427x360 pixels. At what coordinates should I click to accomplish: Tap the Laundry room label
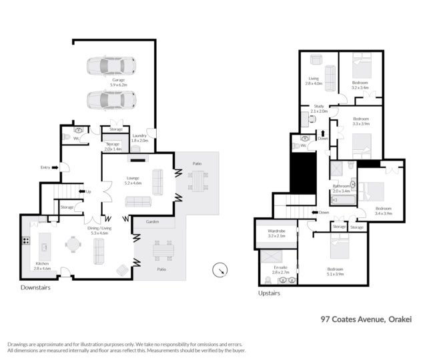[x=139, y=138]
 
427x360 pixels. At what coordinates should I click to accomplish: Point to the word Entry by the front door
[x=45, y=167]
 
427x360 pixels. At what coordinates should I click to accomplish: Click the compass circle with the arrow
[x=220, y=270]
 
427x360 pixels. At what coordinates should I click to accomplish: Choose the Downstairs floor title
[x=35, y=288]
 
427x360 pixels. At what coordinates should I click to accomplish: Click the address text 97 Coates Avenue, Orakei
[x=366, y=319]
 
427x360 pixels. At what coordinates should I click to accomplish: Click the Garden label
[x=152, y=222]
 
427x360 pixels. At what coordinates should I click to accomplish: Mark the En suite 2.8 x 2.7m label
[x=281, y=270]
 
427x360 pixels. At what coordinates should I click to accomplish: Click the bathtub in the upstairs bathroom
[x=344, y=198]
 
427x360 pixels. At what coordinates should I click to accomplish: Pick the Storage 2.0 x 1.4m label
[x=113, y=146]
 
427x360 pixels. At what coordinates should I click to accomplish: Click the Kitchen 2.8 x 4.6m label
[x=42, y=268]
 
